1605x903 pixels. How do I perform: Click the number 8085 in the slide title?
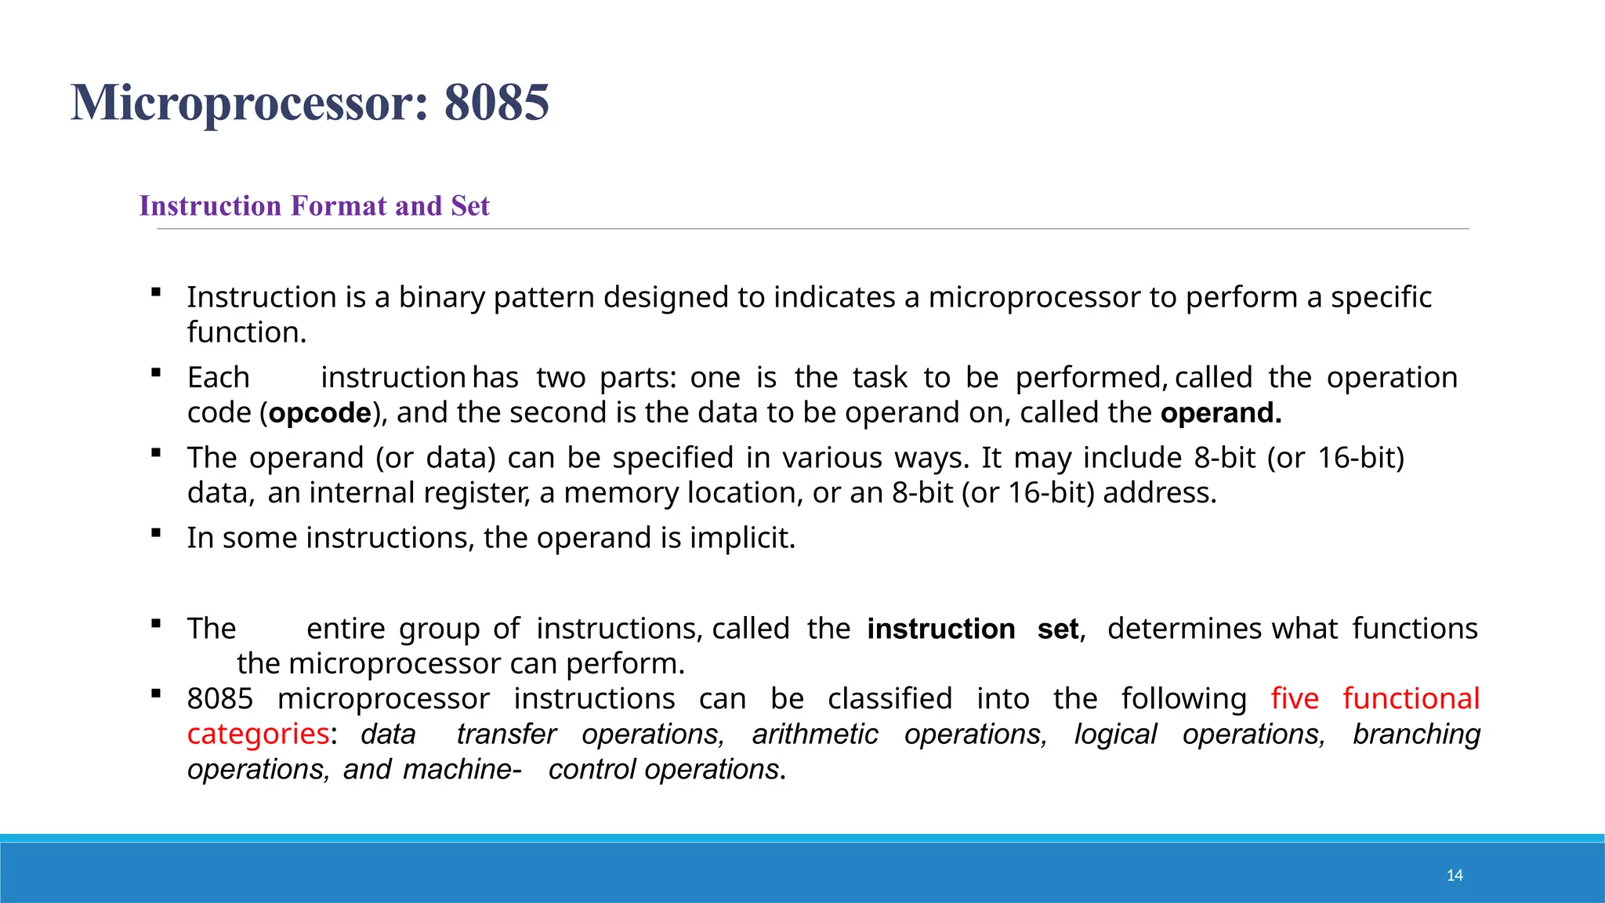(x=496, y=103)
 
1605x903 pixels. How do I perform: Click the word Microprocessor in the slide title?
(x=249, y=103)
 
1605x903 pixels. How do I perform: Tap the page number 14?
(x=1455, y=876)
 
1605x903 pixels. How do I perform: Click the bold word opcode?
(x=320, y=413)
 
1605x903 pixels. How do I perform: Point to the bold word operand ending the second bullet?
(x=1220, y=413)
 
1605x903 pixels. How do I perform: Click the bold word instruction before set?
(x=940, y=629)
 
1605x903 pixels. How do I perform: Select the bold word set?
(x=1057, y=629)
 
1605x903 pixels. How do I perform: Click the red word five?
(x=1295, y=698)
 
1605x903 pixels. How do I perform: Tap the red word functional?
(x=1411, y=698)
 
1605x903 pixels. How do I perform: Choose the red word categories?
(x=258, y=734)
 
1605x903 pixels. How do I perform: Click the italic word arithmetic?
(x=815, y=734)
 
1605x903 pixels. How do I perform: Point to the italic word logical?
(x=1115, y=734)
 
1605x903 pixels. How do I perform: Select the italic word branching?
(x=1416, y=734)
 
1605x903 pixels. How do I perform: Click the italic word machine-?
(x=462, y=770)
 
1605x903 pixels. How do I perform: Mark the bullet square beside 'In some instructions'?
(x=156, y=534)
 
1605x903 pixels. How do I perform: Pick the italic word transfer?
(x=506, y=734)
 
